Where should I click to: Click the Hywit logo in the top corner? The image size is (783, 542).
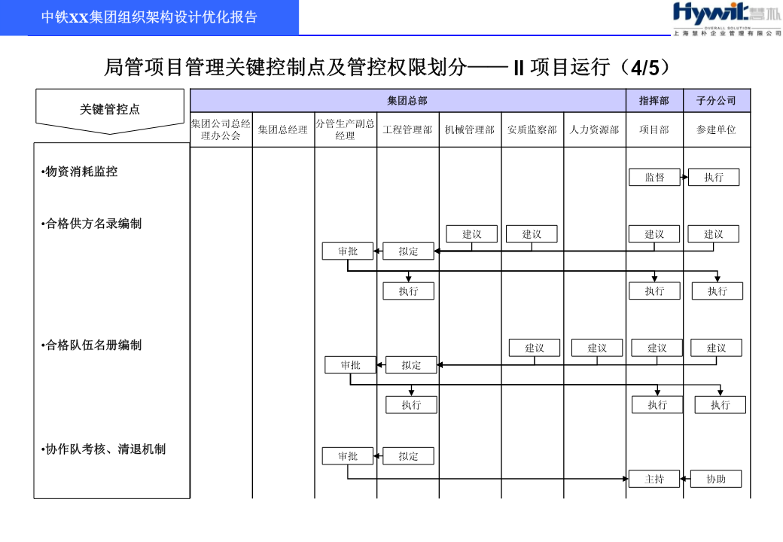727,19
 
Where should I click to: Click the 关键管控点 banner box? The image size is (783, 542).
110,111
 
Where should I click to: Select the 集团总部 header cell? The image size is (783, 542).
407,101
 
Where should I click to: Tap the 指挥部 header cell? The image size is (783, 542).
654,101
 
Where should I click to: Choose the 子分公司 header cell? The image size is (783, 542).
717,101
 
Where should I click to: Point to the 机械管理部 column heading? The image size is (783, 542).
470,129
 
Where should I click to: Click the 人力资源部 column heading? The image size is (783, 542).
594,129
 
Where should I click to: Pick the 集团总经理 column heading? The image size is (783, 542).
283,129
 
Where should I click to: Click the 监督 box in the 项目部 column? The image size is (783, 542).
655,177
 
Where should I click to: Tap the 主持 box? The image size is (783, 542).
654,479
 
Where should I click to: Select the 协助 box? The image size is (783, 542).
716,479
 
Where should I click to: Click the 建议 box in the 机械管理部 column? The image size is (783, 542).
472,234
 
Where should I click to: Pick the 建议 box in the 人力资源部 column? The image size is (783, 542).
597,348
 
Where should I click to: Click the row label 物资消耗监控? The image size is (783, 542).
80,172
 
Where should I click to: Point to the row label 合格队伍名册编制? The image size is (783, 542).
92,346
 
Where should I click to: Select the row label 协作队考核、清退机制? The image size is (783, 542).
104,449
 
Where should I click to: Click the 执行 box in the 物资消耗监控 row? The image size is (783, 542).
714,177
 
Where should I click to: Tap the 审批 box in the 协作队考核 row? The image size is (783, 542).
348,456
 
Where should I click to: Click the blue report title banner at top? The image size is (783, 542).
149,17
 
